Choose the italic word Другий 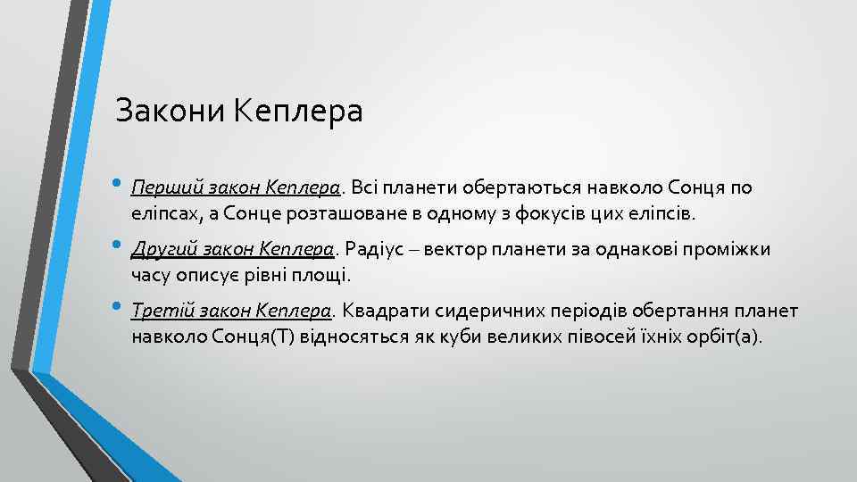point(157,249)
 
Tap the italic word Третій point(156,312)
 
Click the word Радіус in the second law point(369,249)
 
